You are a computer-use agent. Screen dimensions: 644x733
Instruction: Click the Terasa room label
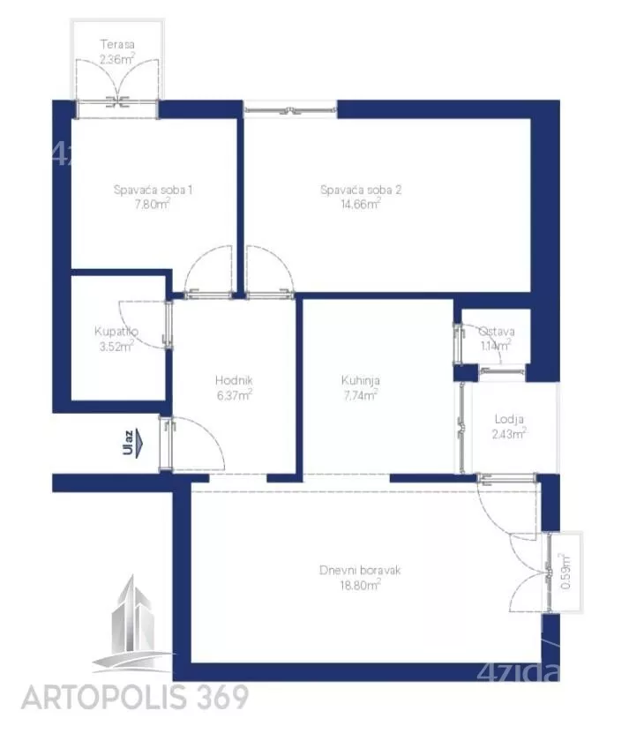117,44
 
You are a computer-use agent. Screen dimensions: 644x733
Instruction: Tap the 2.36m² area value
117,59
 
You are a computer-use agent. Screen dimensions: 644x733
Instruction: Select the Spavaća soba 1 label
153,190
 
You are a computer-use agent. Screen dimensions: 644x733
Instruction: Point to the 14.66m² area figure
361,204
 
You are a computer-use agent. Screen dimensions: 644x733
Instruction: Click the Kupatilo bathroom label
116,332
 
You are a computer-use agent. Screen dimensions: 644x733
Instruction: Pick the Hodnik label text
234,380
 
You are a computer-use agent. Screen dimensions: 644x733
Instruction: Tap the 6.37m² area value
235,395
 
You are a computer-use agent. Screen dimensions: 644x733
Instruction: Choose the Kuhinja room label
361,380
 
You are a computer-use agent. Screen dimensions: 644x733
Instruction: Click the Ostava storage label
497,332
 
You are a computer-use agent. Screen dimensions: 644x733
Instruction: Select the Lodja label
509,419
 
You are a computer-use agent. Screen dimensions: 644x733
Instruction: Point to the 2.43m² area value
509,434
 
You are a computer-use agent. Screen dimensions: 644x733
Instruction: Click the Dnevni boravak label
360,570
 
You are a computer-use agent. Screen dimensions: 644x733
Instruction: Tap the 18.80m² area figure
360,584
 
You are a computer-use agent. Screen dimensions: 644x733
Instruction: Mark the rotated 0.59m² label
565,572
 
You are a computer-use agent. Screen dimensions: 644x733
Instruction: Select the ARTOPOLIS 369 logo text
135,698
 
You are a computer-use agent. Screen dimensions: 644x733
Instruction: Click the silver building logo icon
131,625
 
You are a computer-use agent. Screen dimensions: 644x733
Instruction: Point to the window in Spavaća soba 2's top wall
290,110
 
